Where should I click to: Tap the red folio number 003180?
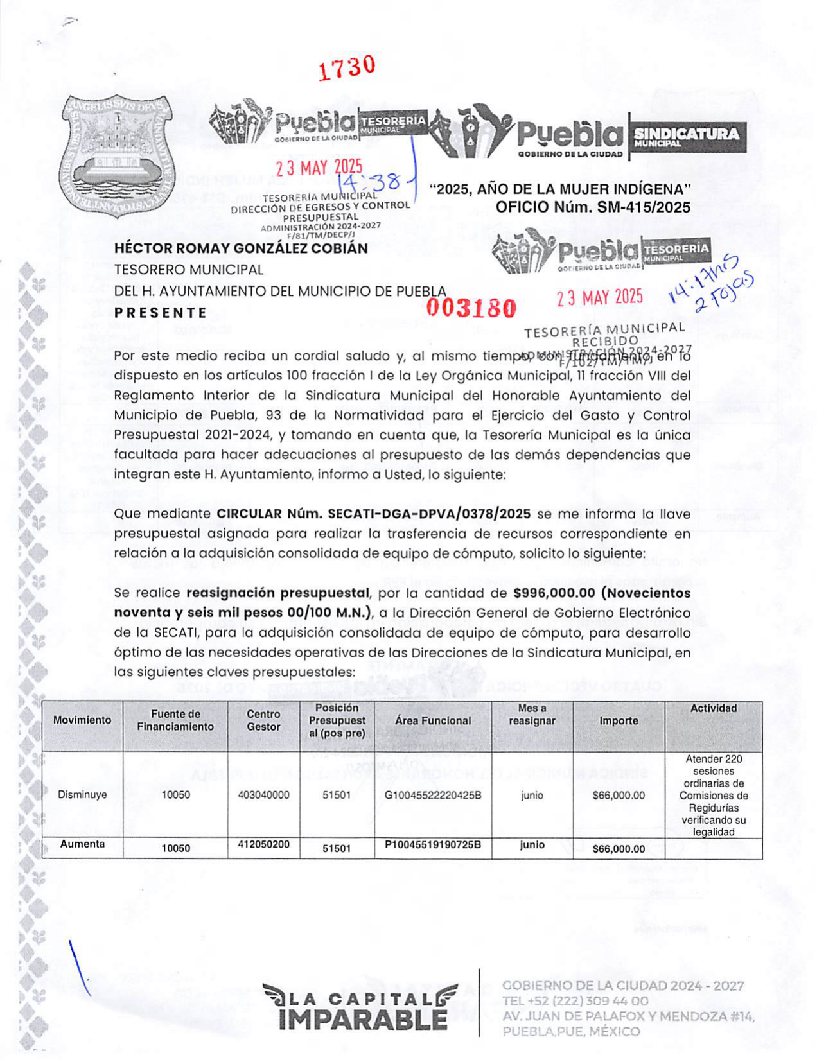472,309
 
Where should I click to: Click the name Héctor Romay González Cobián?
241,248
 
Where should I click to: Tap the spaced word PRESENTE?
161,313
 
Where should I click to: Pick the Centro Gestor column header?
263,720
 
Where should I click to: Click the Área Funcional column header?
433,721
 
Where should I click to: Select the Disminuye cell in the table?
82,795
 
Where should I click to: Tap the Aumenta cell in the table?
82,844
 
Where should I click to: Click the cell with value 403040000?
263,795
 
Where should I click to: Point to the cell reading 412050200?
263,844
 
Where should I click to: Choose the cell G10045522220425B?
433,796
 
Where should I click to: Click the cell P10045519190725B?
433,845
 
